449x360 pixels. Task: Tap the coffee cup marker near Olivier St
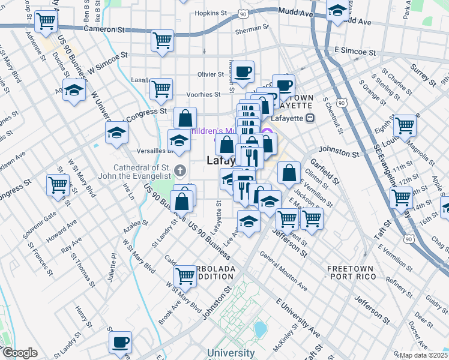point(243,72)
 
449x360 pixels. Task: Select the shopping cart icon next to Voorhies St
point(161,89)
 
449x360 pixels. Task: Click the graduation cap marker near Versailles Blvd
point(178,141)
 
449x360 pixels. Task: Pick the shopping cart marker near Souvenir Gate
point(58,185)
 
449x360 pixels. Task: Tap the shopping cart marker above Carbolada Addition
point(185,277)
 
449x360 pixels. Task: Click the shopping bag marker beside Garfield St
point(289,173)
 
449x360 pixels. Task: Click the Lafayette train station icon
point(310,118)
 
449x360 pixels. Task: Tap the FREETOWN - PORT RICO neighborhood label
point(350,272)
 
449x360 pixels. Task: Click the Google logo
point(20,353)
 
